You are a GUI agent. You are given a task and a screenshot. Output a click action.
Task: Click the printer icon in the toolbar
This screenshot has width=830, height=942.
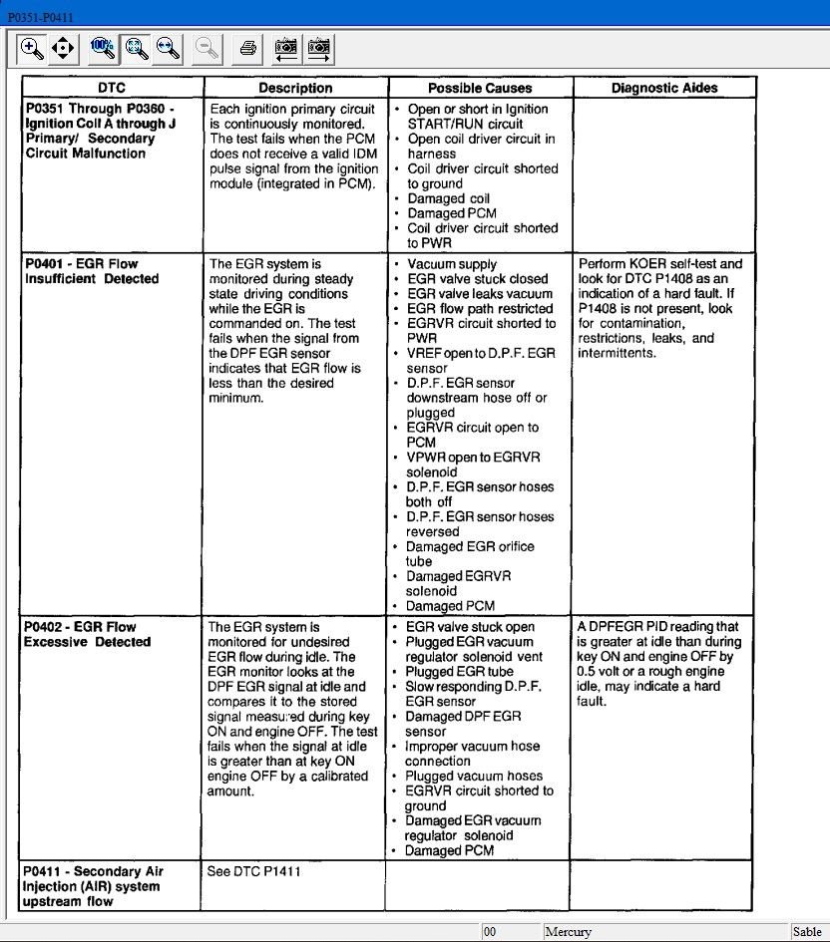247,47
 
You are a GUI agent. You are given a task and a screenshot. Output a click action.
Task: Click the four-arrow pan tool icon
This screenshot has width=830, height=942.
63,47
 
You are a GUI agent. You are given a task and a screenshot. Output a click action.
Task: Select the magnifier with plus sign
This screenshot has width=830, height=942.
32,47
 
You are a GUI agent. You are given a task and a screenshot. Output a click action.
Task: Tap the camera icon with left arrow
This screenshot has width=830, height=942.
286,47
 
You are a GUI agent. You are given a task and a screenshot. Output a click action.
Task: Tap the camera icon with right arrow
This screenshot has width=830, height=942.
319,47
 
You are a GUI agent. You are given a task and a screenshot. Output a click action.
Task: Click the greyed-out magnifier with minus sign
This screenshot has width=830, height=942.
207,47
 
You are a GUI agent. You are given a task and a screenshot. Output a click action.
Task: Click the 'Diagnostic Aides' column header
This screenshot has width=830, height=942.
664,88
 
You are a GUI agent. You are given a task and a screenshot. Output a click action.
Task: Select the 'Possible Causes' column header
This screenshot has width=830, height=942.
480,88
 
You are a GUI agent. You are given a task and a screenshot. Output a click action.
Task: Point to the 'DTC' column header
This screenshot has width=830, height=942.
112,88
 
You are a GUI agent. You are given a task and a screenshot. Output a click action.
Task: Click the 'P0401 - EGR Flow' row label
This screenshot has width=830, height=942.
81,264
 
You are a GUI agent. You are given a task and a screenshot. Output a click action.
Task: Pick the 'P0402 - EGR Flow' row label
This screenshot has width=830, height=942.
80,627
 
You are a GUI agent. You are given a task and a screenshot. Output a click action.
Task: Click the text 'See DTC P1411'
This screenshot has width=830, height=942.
253,871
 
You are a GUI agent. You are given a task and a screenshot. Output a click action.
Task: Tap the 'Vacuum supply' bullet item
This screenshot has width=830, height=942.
451,264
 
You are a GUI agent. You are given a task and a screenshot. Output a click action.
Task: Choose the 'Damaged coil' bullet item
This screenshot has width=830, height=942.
448,198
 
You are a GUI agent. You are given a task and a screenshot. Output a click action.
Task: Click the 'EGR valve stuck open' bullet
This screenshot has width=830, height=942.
470,627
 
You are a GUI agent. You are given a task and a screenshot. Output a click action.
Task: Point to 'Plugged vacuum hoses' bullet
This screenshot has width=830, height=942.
474,776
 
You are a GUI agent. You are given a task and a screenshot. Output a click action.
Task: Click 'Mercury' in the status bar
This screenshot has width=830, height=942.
568,932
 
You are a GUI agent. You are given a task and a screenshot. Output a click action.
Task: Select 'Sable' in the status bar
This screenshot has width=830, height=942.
807,932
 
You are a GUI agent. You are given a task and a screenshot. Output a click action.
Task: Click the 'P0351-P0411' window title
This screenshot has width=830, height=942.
40,18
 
